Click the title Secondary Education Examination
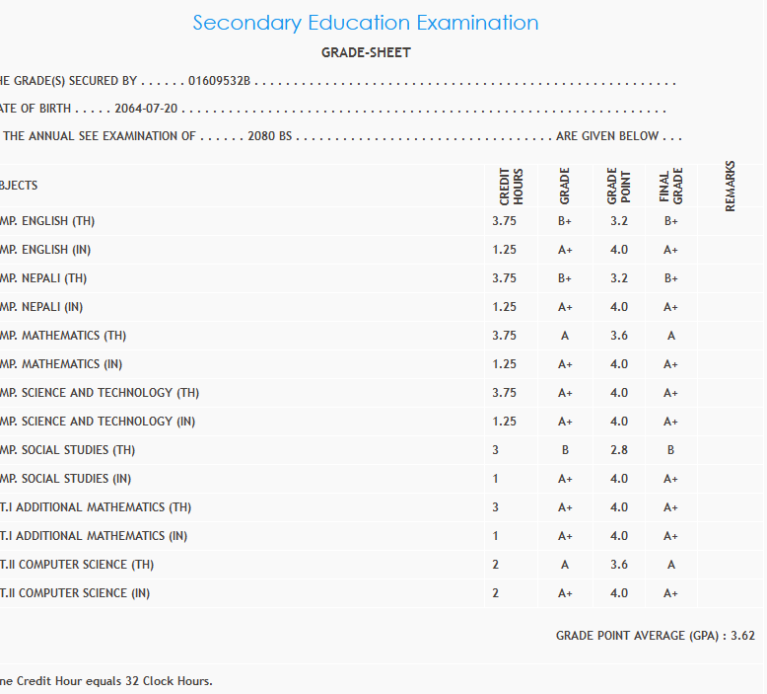[x=366, y=23]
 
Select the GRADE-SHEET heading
[x=366, y=52]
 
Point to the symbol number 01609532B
[x=220, y=81]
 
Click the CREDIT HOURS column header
[x=511, y=186]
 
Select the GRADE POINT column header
[x=619, y=186]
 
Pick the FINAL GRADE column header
[x=670, y=186]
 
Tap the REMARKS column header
[x=731, y=186]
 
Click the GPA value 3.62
[x=742, y=636]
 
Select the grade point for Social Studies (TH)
[x=618, y=450]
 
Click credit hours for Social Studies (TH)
[x=496, y=450]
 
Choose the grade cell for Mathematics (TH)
[x=565, y=336]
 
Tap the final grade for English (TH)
[x=670, y=221]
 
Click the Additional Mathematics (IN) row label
[x=95, y=536]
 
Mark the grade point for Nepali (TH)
[x=618, y=278]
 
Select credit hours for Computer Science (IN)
[x=496, y=593]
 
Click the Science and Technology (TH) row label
[x=100, y=393]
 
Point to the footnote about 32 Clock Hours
[x=106, y=681]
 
